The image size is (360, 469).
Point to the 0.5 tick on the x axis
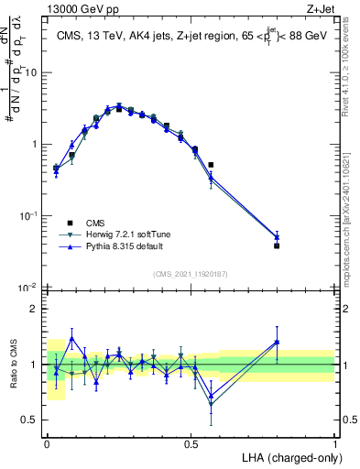[191, 443]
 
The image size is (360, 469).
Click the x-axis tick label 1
[335, 443]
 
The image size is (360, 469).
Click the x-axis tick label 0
[47, 443]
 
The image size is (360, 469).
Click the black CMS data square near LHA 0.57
[211, 165]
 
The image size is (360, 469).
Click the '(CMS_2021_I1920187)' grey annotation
[191, 273]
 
